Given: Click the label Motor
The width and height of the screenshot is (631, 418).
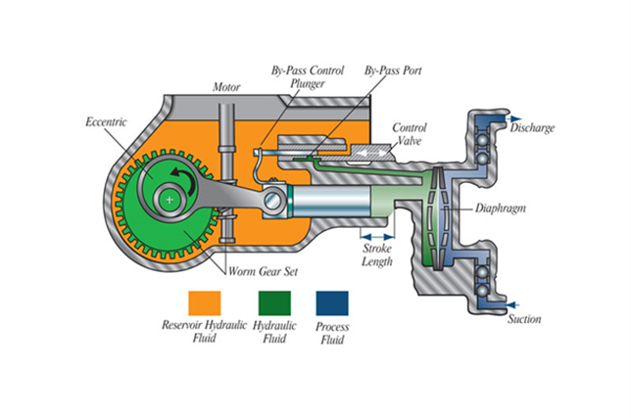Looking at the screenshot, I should [x=227, y=86].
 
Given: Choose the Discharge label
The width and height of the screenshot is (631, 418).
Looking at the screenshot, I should [x=532, y=127].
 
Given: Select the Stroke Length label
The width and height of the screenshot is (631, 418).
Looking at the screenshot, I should [x=377, y=255].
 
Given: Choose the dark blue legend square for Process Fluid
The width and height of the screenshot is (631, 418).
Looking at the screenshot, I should [x=332, y=302].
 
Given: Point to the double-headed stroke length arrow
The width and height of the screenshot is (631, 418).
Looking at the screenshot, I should [x=375, y=236].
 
